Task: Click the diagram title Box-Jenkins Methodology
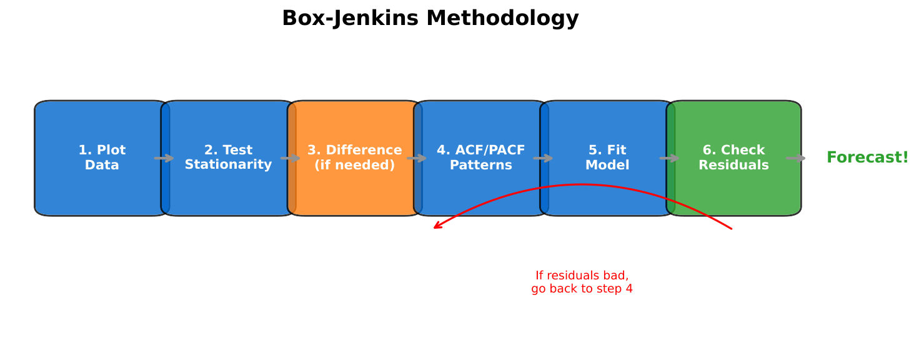tap(430, 19)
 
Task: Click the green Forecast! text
tap(867, 157)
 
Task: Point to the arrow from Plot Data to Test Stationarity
tap(164, 158)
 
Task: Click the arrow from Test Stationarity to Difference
tap(291, 158)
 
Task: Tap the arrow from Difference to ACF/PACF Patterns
tap(417, 158)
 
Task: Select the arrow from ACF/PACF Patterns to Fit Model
tap(543, 158)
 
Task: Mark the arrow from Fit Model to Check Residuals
tap(669, 158)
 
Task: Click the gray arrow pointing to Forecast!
tap(795, 158)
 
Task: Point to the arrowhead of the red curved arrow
tap(436, 227)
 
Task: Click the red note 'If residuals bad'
tap(582, 276)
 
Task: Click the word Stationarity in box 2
tap(228, 165)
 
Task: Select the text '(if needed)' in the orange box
tap(354, 166)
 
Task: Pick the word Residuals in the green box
tap(733, 166)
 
